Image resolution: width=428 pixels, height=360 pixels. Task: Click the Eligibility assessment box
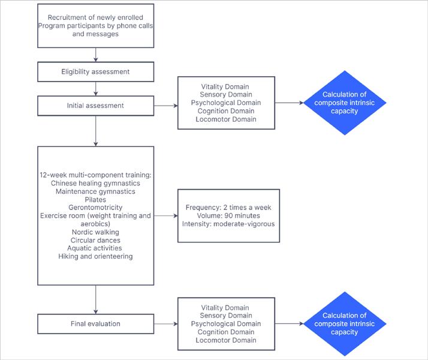(95, 72)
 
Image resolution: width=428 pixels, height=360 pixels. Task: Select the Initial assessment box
(95, 106)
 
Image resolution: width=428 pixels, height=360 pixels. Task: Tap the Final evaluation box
(95, 324)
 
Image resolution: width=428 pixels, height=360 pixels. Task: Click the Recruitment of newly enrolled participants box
(95, 25)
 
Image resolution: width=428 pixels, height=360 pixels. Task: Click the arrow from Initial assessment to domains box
(166, 106)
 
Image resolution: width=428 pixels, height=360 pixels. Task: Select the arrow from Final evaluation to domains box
(166, 324)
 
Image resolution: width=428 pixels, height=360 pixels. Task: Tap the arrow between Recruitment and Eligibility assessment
(95, 55)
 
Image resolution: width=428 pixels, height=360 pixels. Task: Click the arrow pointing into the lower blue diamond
(290, 324)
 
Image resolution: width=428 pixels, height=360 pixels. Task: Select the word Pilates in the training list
(95, 199)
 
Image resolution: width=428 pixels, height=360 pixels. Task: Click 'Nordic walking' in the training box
(95, 232)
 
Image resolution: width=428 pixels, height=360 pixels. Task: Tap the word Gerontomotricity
(95, 207)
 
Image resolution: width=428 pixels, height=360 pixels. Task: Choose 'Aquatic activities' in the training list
(95, 248)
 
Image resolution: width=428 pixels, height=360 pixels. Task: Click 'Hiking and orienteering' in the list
(95, 256)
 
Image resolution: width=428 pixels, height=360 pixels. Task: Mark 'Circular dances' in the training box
(95, 240)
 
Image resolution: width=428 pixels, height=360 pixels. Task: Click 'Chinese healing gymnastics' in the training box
(95, 182)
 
